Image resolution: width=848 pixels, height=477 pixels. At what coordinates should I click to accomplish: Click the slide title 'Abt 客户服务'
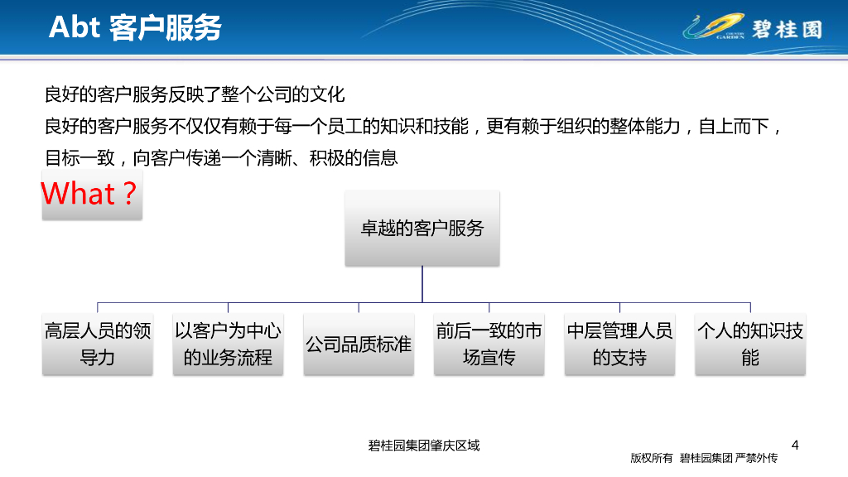coord(135,27)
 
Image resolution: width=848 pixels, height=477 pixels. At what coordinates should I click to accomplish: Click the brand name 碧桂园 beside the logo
coord(787,28)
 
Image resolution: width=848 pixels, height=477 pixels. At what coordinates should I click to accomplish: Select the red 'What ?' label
coord(91,195)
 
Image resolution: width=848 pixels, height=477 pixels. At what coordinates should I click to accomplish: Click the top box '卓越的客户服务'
coord(422,229)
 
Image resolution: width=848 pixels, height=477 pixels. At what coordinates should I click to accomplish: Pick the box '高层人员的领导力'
coord(98,344)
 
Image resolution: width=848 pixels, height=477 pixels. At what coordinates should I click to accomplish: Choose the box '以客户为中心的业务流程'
coord(228,344)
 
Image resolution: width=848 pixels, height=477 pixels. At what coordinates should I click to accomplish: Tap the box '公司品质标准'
coord(359,344)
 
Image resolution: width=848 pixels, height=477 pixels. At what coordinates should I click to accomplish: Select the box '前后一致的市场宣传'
coord(489,344)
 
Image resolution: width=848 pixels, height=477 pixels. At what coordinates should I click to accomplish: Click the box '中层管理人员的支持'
coord(619,344)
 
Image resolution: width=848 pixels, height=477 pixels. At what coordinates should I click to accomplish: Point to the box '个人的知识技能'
coord(749,344)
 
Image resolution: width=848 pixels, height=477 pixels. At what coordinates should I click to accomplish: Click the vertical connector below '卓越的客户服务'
coord(422,284)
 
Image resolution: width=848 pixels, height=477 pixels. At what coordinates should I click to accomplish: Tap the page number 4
coord(795,445)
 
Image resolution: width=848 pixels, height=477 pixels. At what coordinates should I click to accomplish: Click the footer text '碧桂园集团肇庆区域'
coord(424,446)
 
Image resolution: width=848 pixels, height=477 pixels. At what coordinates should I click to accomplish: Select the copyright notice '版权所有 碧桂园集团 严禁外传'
coord(704,458)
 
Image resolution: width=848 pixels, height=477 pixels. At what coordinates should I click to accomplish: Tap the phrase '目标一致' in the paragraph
coord(79,157)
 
